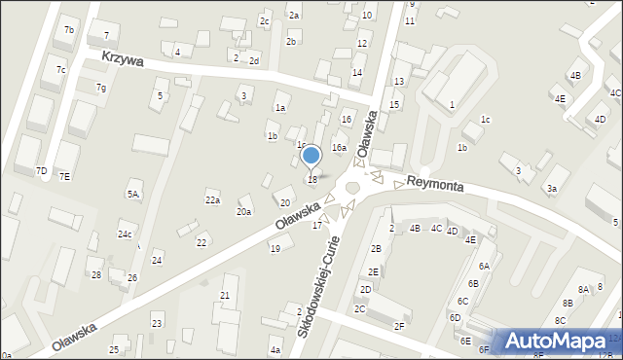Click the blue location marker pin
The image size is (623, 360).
(x=311, y=156)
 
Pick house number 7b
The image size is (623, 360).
(x=69, y=30)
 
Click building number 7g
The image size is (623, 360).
(x=100, y=88)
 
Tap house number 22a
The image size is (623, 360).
(x=212, y=200)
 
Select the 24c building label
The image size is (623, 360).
(x=126, y=234)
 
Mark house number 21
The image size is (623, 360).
(x=225, y=295)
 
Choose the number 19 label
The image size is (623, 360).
(x=275, y=249)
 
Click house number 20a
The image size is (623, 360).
(x=244, y=212)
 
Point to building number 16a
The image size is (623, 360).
(x=339, y=148)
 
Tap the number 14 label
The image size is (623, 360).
(x=356, y=73)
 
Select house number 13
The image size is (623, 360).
(x=398, y=80)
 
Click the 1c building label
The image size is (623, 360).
(x=485, y=120)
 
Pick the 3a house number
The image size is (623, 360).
(x=552, y=189)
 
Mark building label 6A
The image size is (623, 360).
(x=483, y=266)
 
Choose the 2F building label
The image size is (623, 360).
(x=399, y=326)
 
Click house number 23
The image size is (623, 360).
(x=157, y=323)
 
